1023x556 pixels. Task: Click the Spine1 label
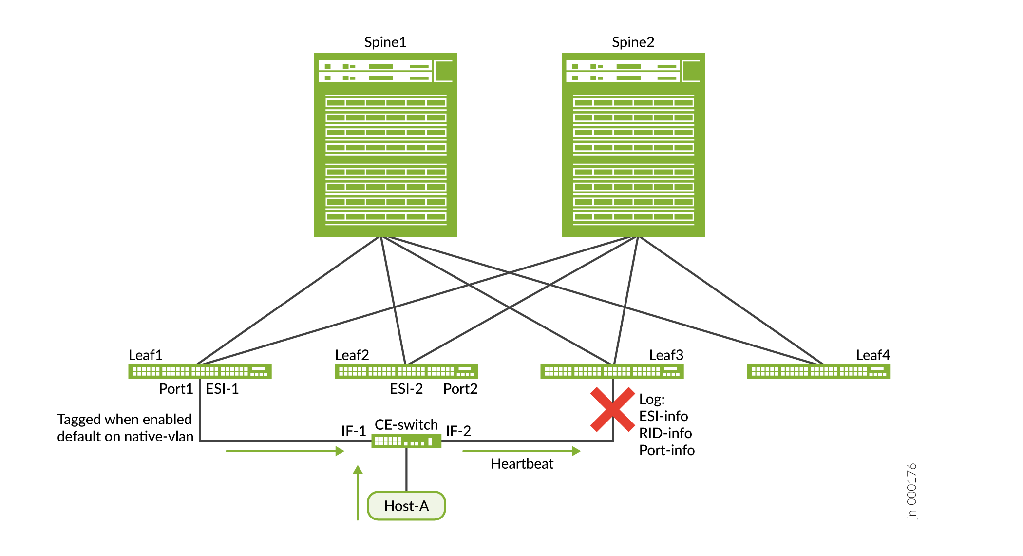tap(385, 42)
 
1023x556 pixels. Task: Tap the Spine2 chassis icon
tap(633, 145)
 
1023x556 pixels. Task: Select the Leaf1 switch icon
tap(200, 372)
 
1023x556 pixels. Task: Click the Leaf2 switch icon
tap(406, 372)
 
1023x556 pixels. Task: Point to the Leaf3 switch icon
tap(612, 372)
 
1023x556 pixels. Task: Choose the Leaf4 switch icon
tap(818, 372)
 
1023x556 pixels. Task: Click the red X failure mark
tap(612, 409)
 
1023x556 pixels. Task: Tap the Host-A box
tap(406, 506)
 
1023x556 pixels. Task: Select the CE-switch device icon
tap(406, 441)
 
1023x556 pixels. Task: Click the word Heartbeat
tap(522, 464)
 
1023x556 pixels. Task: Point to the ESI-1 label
tap(222, 389)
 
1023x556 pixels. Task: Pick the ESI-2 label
tap(406, 389)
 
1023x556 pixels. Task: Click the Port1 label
tap(176, 389)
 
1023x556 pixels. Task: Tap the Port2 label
tap(460, 389)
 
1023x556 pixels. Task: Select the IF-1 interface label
tap(353, 431)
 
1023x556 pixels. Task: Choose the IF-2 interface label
tap(458, 431)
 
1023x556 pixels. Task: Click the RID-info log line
tap(665, 433)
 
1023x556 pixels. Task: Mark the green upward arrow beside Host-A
tap(358, 492)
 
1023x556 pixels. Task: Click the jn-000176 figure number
tap(911, 491)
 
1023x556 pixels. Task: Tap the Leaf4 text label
tap(872, 355)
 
